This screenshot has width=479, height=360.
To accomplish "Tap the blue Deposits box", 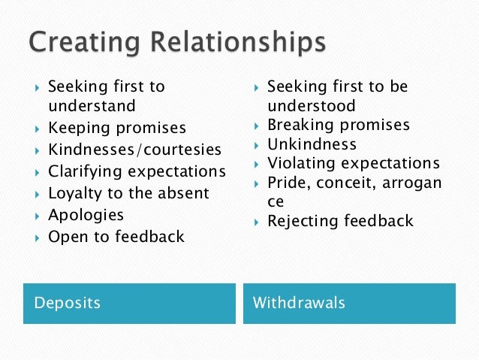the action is coord(128,304).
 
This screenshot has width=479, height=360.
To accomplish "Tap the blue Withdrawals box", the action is coord(349,304).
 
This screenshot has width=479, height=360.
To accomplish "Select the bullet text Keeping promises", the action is coord(116,128).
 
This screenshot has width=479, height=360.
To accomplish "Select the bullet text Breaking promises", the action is coord(339,125).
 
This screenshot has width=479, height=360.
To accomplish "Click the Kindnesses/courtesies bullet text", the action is coord(134,150).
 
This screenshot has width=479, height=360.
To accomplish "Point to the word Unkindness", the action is coord(312,144).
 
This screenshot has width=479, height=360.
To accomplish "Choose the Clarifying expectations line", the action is coord(137,171).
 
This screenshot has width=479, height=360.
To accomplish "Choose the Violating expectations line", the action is coord(354,163).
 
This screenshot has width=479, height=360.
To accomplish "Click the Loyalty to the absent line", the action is coord(128,193).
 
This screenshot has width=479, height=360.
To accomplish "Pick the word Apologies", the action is coord(86,215).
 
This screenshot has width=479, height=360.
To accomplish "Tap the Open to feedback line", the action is coord(116,237).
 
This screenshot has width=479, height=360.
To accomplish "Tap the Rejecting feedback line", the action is coord(340,221).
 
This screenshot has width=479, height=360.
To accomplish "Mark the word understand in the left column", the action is coord(92,105).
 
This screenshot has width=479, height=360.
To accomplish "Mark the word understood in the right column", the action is coord(311,105).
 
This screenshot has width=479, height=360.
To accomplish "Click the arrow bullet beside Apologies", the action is coord(36,216).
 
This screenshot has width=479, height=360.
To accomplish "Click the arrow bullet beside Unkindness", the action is coord(256,144).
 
